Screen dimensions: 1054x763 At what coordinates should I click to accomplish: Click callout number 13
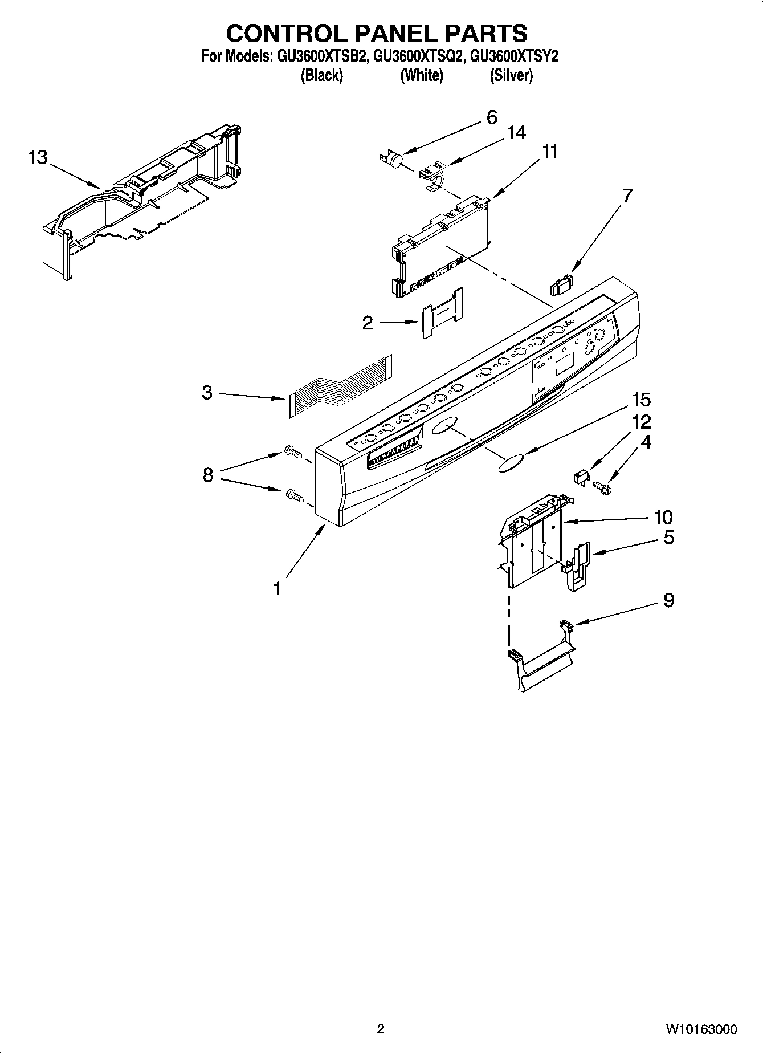38,157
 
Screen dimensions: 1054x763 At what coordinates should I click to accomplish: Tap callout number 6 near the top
492,117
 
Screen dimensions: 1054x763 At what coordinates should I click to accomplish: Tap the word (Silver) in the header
511,75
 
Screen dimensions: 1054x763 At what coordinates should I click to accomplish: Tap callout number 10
663,517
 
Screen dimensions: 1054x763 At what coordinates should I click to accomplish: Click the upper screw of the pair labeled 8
292,454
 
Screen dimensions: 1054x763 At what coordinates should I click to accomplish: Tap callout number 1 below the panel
277,588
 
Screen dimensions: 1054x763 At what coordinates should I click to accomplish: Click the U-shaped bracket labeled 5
577,567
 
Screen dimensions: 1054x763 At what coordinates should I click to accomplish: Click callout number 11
549,152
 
